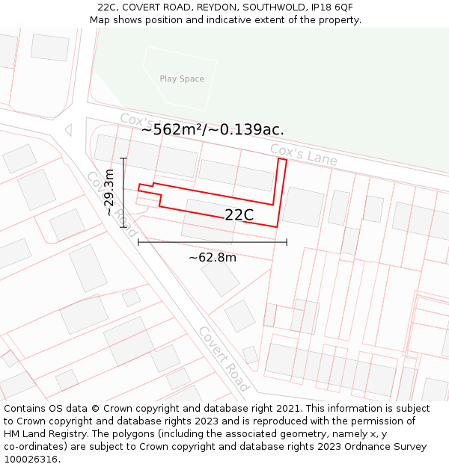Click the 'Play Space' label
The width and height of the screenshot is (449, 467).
pos(182,79)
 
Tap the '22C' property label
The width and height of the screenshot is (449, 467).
pos(239,215)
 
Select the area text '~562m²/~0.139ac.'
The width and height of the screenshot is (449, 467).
pos(213,129)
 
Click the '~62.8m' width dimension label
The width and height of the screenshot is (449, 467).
pos(213,258)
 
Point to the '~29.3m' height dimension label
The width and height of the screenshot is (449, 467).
pos(109,192)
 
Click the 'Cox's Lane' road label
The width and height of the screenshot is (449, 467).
pos(303,155)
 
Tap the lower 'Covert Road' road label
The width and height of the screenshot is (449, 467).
pos(222,359)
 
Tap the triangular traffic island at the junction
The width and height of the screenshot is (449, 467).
pos(68,130)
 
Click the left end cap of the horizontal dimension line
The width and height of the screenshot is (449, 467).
pos(138,241)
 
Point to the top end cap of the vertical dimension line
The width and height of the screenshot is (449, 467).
pos(123,158)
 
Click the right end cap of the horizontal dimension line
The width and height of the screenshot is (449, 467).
pos(287,241)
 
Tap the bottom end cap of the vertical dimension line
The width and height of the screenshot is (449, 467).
pos(123,226)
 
